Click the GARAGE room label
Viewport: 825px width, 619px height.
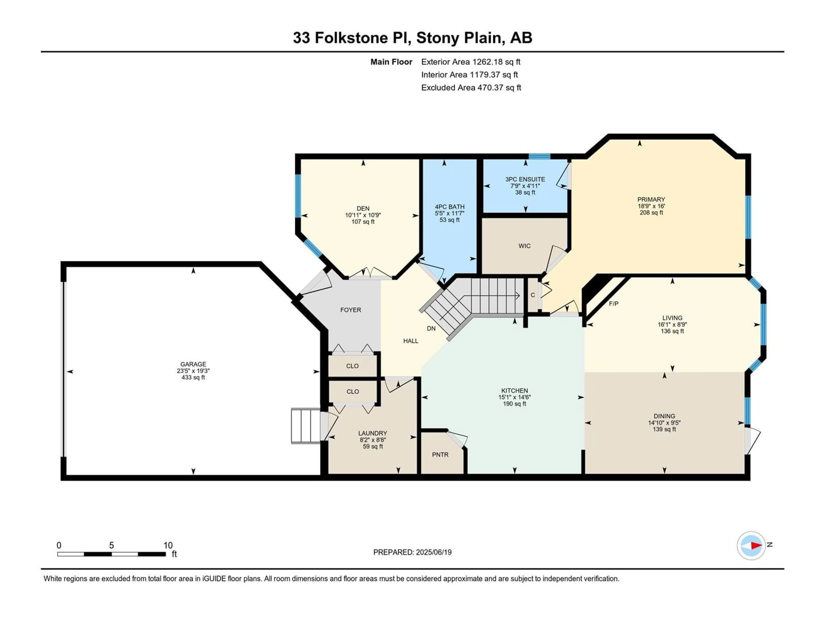point(193,364)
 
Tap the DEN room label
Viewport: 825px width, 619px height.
point(363,208)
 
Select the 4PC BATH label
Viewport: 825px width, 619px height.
point(449,207)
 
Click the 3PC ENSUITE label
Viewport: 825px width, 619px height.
point(525,179)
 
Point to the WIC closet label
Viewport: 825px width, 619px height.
point(524,246)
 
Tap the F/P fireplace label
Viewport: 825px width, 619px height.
point(614,304)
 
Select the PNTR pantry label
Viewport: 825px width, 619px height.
point(440,455)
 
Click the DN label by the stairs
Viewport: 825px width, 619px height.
point(431,329)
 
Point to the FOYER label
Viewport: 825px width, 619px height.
point(351,310)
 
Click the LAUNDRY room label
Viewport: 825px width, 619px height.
point(373,433)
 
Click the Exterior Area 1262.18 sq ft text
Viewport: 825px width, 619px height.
point(471,62)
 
